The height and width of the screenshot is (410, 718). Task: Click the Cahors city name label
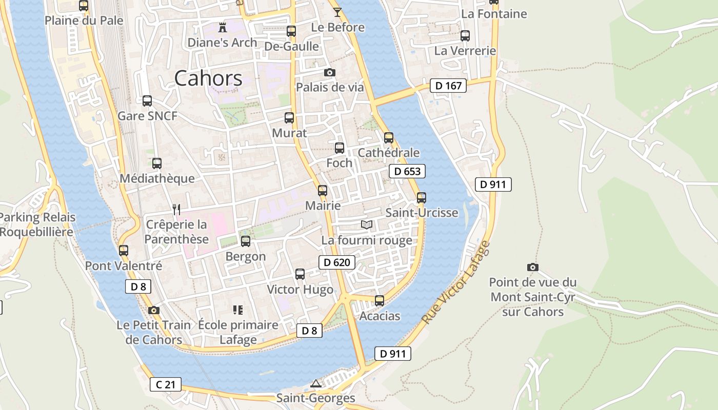coord(208,78)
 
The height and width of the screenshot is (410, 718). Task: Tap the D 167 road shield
coord(448,86)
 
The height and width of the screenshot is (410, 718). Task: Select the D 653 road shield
coord(407,171)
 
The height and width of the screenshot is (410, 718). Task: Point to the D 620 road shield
coord(337,263)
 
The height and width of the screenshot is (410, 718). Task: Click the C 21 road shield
coord(166,384)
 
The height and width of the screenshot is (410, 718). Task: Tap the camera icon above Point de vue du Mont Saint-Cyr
coord(533,267)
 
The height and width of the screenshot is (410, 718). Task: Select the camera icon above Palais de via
coord(330,72)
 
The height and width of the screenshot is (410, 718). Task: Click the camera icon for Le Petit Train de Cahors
coord(153,310)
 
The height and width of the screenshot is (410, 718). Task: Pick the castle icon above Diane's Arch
coord(222,27)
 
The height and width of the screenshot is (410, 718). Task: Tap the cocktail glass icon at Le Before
coord(337,12)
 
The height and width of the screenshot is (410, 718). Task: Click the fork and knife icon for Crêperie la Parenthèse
coord(176,209)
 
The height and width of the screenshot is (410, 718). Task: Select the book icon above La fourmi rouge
coord(367,224)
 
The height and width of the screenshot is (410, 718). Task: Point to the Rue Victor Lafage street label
coord(455,282)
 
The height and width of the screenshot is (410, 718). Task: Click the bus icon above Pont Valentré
coord(124,251)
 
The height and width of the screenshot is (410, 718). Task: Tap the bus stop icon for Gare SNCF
coord(147,101)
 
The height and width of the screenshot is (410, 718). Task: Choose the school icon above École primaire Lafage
coord(237,310)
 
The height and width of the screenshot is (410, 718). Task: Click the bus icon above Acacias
coord(380,301)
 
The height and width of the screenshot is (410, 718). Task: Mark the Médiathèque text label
coord(157,178)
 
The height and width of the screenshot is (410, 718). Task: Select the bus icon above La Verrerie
coord(465,36)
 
